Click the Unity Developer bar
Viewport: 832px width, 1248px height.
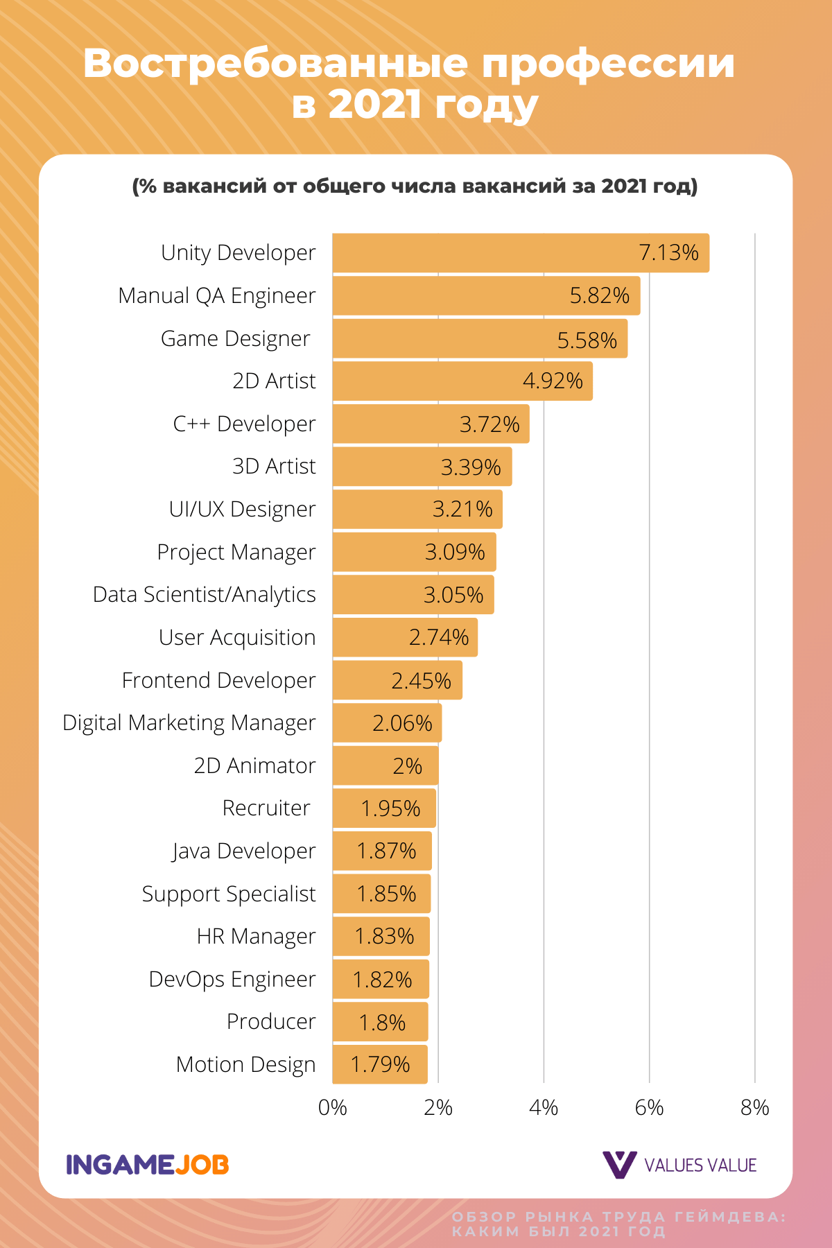(521, 253)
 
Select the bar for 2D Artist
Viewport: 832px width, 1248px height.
(462, 381)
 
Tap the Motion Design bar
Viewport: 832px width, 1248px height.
(380, 1064)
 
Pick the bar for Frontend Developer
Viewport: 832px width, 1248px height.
(397, 680)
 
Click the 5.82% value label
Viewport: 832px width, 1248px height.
(600, 296)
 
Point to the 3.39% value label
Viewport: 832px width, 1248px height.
(471, 467)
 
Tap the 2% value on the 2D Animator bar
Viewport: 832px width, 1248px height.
(408, 766)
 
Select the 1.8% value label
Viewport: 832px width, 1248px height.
(382, 1023)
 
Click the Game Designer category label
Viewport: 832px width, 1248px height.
(235, 339)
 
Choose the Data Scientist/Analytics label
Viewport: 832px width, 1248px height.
(205, 595)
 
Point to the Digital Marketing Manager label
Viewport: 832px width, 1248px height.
(189, 723)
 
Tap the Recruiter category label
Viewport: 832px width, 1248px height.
(266, 808)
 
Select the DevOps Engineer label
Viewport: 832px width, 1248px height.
(232, 980)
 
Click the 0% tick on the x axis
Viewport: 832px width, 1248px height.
(333, 1108)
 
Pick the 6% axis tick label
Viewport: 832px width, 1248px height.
(650, 1108)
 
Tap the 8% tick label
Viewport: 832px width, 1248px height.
(755, 1108)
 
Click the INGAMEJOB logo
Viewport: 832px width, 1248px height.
(148, 1165)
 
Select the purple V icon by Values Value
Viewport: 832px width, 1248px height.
(619, 1165)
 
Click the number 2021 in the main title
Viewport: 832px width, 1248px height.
(375, 105)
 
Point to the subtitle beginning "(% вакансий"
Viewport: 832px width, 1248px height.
(415, 187)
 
